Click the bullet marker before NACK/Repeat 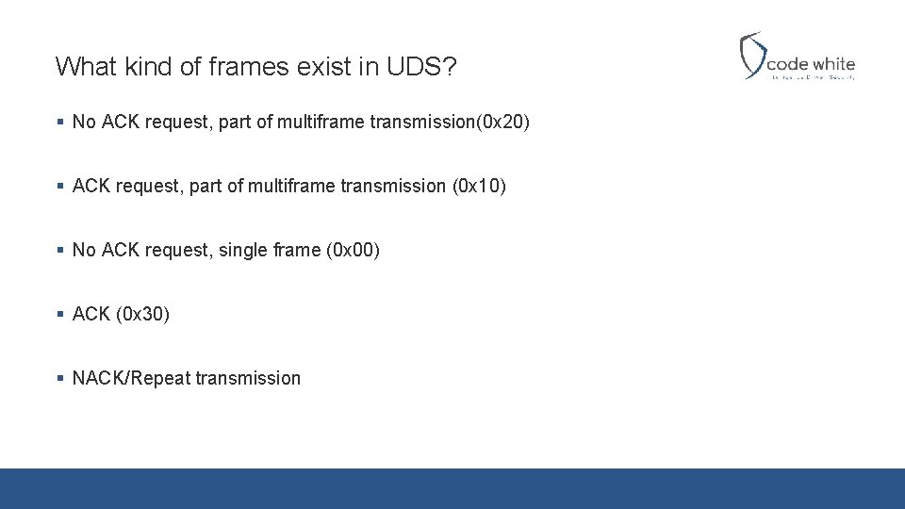point(59,378)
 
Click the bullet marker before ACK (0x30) point(59,314)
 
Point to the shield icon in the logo point(752,55)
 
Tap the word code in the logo point(788,64)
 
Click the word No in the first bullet point(84,122)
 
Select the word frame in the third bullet point(297,250)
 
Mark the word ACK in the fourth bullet point(91,314)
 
